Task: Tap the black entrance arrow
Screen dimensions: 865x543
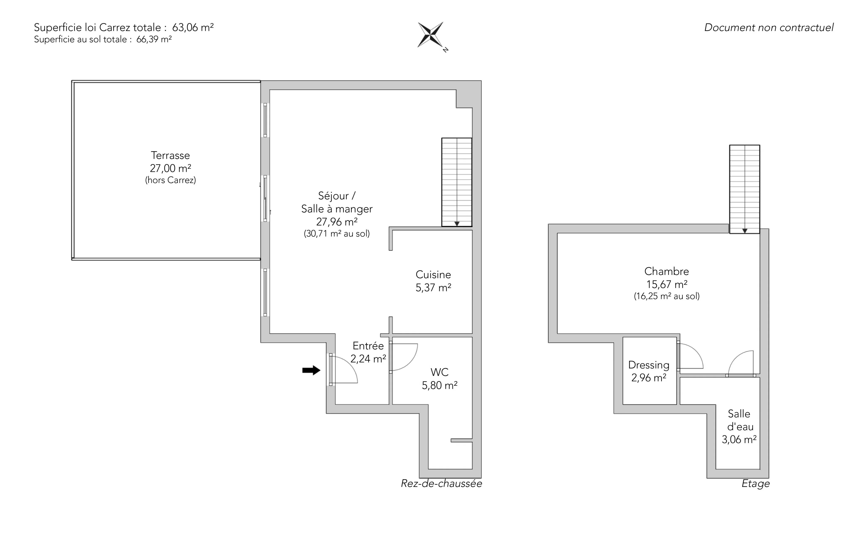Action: [x=311, y=370]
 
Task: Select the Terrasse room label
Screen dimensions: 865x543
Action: [x=170, y=156]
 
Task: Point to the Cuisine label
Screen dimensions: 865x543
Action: [x=433, y=275]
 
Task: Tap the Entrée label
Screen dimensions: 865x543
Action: [x=368, y=346]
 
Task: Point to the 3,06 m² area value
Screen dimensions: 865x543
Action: [x=739, y=440]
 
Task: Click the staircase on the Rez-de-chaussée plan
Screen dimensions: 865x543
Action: [x=457, y=182]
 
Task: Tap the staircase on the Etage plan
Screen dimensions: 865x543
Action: [x=745, y=189]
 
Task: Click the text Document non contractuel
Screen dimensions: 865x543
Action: [x=769, y=28]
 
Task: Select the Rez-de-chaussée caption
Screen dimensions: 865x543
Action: [x=442, y=483]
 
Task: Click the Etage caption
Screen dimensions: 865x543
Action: [x=756, y=484]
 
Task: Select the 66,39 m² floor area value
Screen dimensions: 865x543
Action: [x=154, y=39]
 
